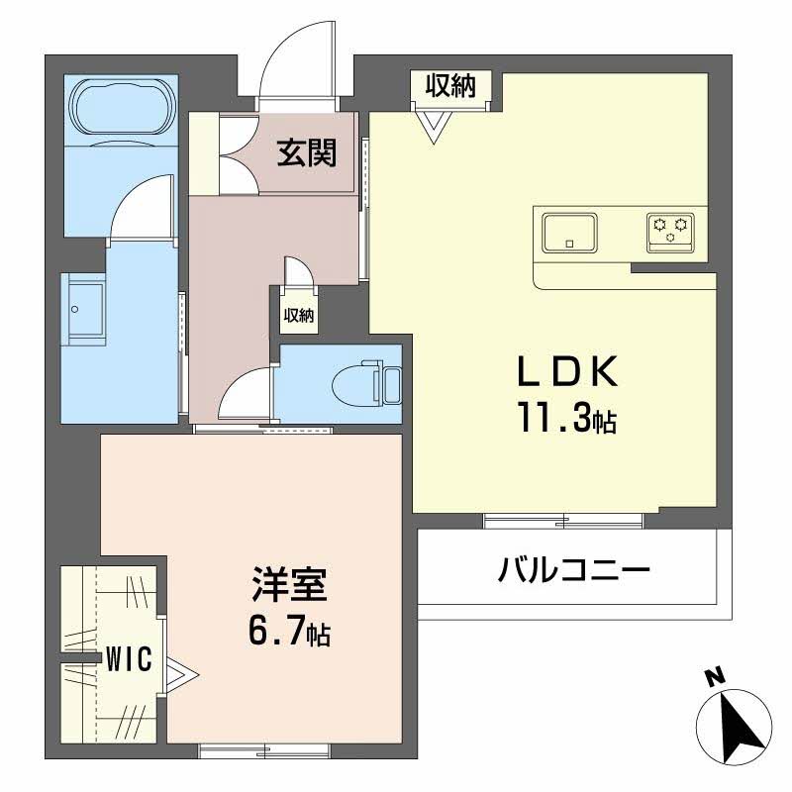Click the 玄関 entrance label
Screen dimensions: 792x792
[306, 152]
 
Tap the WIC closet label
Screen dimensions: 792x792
[129, 659]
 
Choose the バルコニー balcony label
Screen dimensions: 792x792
[573, 571]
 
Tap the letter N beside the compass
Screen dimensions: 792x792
[711, 678]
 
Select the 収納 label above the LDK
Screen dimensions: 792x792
[450, 86]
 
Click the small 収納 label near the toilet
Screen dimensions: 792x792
[299, 316]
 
